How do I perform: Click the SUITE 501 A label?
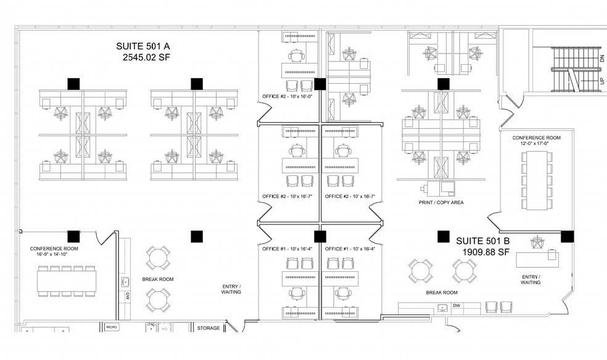143,46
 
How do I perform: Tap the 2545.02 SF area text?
147,57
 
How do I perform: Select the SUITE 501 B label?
483,241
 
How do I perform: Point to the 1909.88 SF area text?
486,252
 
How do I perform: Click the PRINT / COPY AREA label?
440,202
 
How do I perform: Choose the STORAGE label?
208,328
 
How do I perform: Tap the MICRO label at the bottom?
112,326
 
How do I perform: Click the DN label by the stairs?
602,58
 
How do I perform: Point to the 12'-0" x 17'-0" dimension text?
536,144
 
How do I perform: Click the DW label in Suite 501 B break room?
456,305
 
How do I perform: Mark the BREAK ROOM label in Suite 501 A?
158,279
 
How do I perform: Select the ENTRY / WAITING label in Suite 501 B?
530,280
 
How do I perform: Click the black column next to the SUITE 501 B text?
443,236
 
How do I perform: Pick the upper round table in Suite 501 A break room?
158,258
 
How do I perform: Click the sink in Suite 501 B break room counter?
442,306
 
